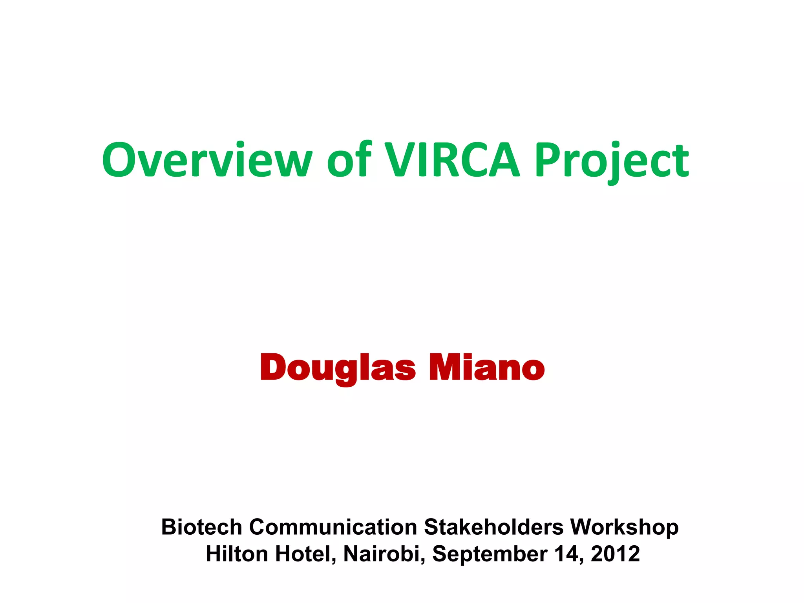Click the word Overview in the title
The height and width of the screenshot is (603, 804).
[207, 160]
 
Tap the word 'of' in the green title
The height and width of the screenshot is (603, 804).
[349, 160]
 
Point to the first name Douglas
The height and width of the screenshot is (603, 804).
[338, 368]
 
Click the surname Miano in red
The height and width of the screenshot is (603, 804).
[486, 368]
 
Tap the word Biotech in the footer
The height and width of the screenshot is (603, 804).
[201, 527]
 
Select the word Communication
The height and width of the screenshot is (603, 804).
[333, 527]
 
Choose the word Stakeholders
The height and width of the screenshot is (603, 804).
[493, 527]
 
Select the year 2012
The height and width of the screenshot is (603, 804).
[615, 554]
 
